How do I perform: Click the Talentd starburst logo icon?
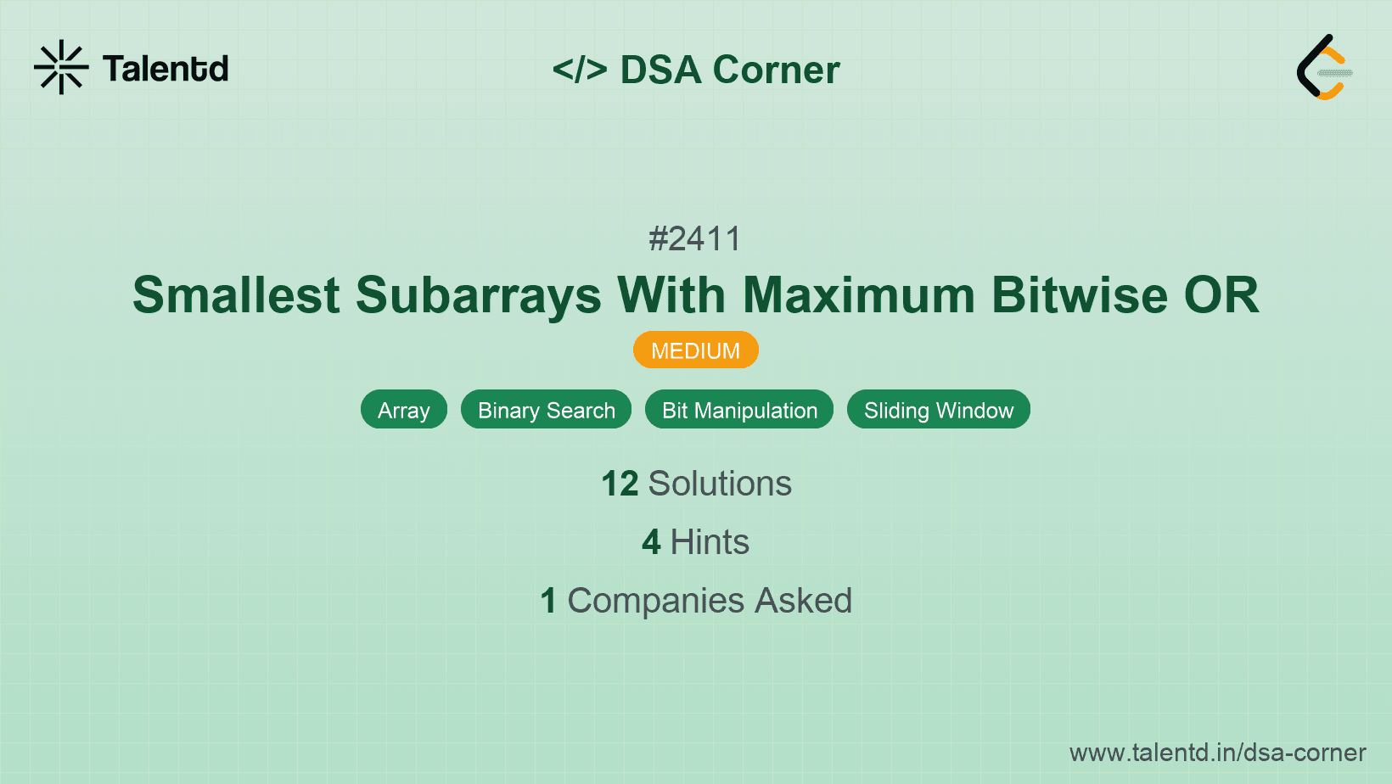[x=61, y=67]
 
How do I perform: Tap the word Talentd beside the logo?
[x=166, y=69]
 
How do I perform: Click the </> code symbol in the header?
[x=580, y=70]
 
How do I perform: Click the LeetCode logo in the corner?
[x=1324, y=67]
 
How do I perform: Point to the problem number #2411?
[x=695, y=239]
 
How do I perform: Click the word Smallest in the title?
[x=237, y=295]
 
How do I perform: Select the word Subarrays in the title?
[x=479, y=295]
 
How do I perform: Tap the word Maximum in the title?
[x=859, y=295]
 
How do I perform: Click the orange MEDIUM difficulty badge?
[x=695, y=350]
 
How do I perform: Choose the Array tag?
[x=404, y=411]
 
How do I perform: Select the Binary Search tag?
[x=546, y=411]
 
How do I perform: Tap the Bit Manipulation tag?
[x=739, y=411]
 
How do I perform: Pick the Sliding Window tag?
[x=939, y=411]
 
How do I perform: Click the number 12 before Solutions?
[x=620, y=484]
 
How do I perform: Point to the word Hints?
[x=710, y=542]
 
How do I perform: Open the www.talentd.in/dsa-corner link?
[x=1217, y=753]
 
